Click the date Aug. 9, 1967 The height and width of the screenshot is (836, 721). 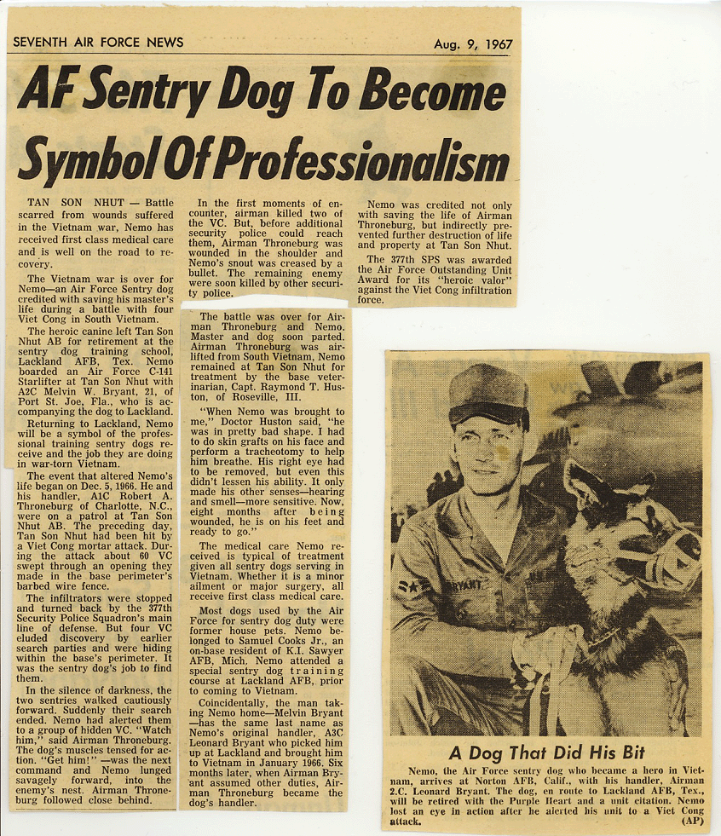(473, 43)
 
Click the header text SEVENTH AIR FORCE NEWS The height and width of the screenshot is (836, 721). (98, 42)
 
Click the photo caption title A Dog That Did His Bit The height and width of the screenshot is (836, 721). (548, 752)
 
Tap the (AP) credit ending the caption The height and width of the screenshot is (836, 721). (692, 822)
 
